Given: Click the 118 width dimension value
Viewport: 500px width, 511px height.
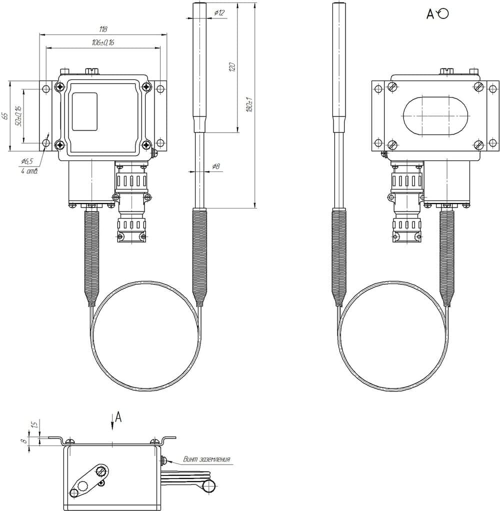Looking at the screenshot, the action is click(103, 29).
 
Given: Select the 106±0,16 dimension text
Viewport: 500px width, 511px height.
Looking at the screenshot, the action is click(103, 42).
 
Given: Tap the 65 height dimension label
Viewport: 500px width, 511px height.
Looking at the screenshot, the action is click(4, 115).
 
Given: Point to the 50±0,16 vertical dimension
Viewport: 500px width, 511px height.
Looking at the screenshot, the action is click(18, 116).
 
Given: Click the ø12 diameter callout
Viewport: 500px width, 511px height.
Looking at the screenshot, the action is click(219, 13).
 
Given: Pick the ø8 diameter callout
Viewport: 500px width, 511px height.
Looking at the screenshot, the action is click(216, 166).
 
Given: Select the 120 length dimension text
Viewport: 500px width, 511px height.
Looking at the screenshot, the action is click(232, 67).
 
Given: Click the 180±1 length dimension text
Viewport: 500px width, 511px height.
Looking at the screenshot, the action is click(250, 105).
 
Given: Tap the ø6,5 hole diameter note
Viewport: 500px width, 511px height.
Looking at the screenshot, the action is click(27, 161).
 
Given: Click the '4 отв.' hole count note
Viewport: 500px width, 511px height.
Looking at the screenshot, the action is click(29, 171).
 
